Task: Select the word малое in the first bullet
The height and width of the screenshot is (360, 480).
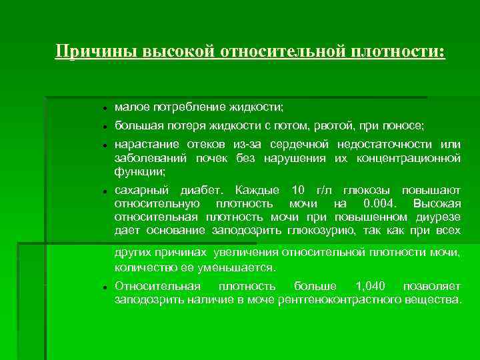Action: pos(132,107)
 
